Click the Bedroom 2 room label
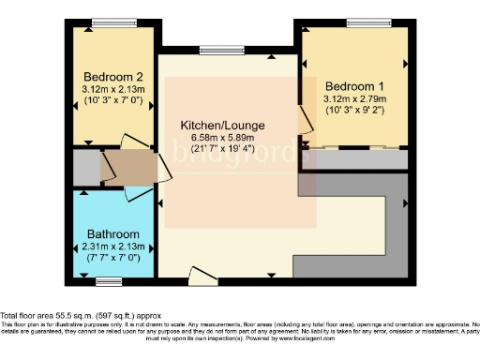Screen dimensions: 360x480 click(113, 77)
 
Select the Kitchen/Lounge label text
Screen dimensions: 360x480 click(222, 126)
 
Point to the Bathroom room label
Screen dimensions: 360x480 click(113, 234)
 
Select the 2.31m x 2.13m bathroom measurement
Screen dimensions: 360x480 click(113, 247)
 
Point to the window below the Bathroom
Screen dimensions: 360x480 click(110, 280)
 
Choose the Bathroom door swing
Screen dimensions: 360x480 click(137, 192)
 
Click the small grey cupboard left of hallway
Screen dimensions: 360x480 click(86, 168)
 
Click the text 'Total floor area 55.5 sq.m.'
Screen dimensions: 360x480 click(57, 315)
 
